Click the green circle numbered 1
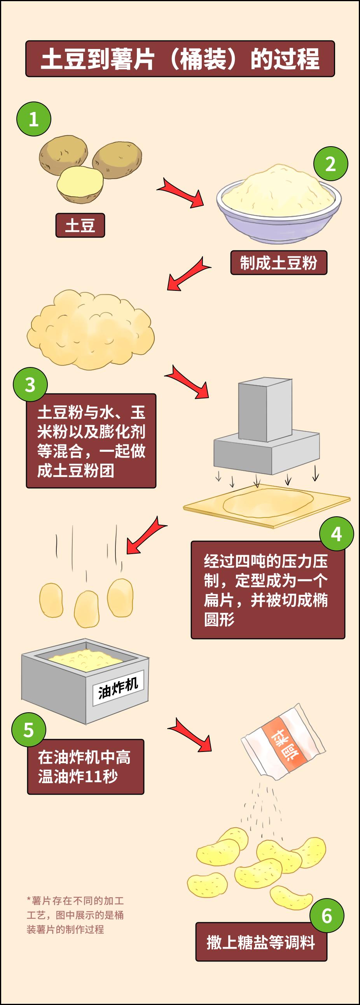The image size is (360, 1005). pos(33,119)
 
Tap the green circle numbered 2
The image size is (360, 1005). pos(330,164)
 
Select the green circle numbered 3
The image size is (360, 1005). pos(30,385)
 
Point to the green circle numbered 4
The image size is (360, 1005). pos(336,534)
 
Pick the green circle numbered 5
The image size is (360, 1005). pos(28,730)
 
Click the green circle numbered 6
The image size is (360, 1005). pos(327,916)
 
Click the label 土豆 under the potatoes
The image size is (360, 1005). pos(80,225)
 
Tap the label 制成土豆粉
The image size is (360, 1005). pos(278,263)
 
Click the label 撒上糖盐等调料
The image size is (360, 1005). pos(260,942)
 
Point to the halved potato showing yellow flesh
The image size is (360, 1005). pos(80,184)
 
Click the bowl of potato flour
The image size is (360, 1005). pos(278,205)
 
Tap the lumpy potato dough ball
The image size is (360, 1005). pos(91,330)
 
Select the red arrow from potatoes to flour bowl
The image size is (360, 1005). pos(182,192)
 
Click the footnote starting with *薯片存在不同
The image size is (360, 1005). pos(75,915)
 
